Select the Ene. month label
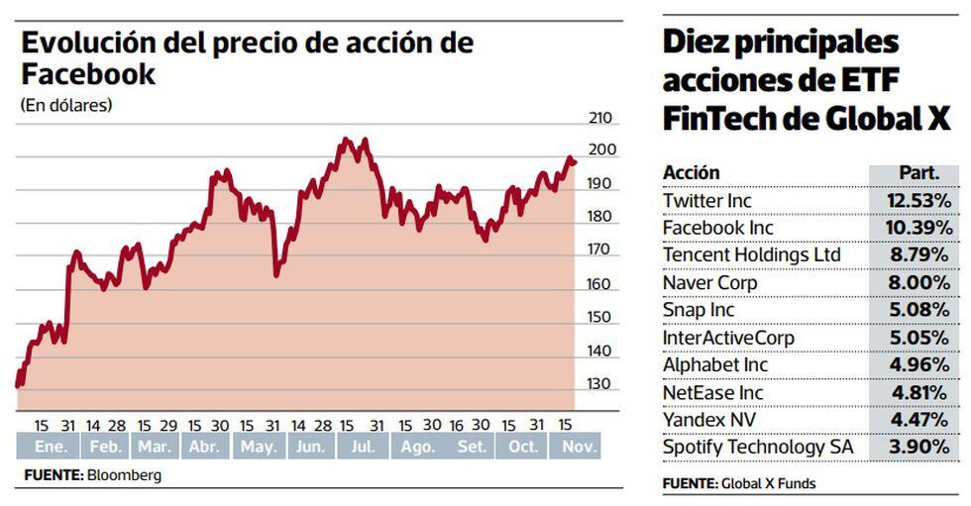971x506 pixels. point(50,448)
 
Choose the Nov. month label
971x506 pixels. point(578,448)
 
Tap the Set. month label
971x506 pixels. point(472,448)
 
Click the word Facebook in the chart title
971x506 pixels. point(88,74)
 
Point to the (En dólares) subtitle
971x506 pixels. point(65,105)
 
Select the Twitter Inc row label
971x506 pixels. point(706,200)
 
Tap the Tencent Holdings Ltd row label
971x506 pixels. point(751,255)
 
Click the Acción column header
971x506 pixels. point(692,172)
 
